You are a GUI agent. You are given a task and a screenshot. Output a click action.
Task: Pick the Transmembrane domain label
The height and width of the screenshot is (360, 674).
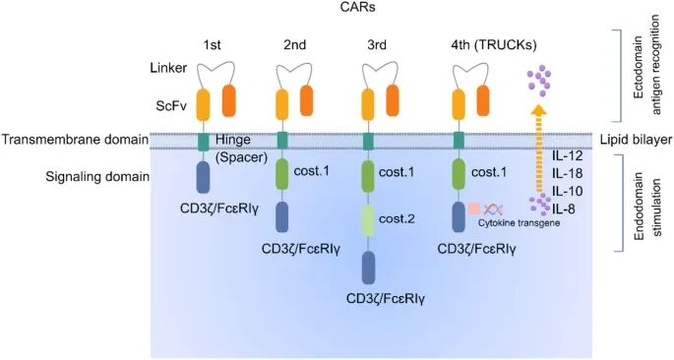point(75,140)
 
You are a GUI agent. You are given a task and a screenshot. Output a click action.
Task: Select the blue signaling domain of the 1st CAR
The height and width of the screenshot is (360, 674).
point(203,178)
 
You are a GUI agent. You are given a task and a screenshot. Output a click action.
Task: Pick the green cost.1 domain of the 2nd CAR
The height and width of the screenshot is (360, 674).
point(283,176)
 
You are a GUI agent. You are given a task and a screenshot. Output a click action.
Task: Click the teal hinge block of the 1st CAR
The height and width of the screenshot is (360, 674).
point(203,141)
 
